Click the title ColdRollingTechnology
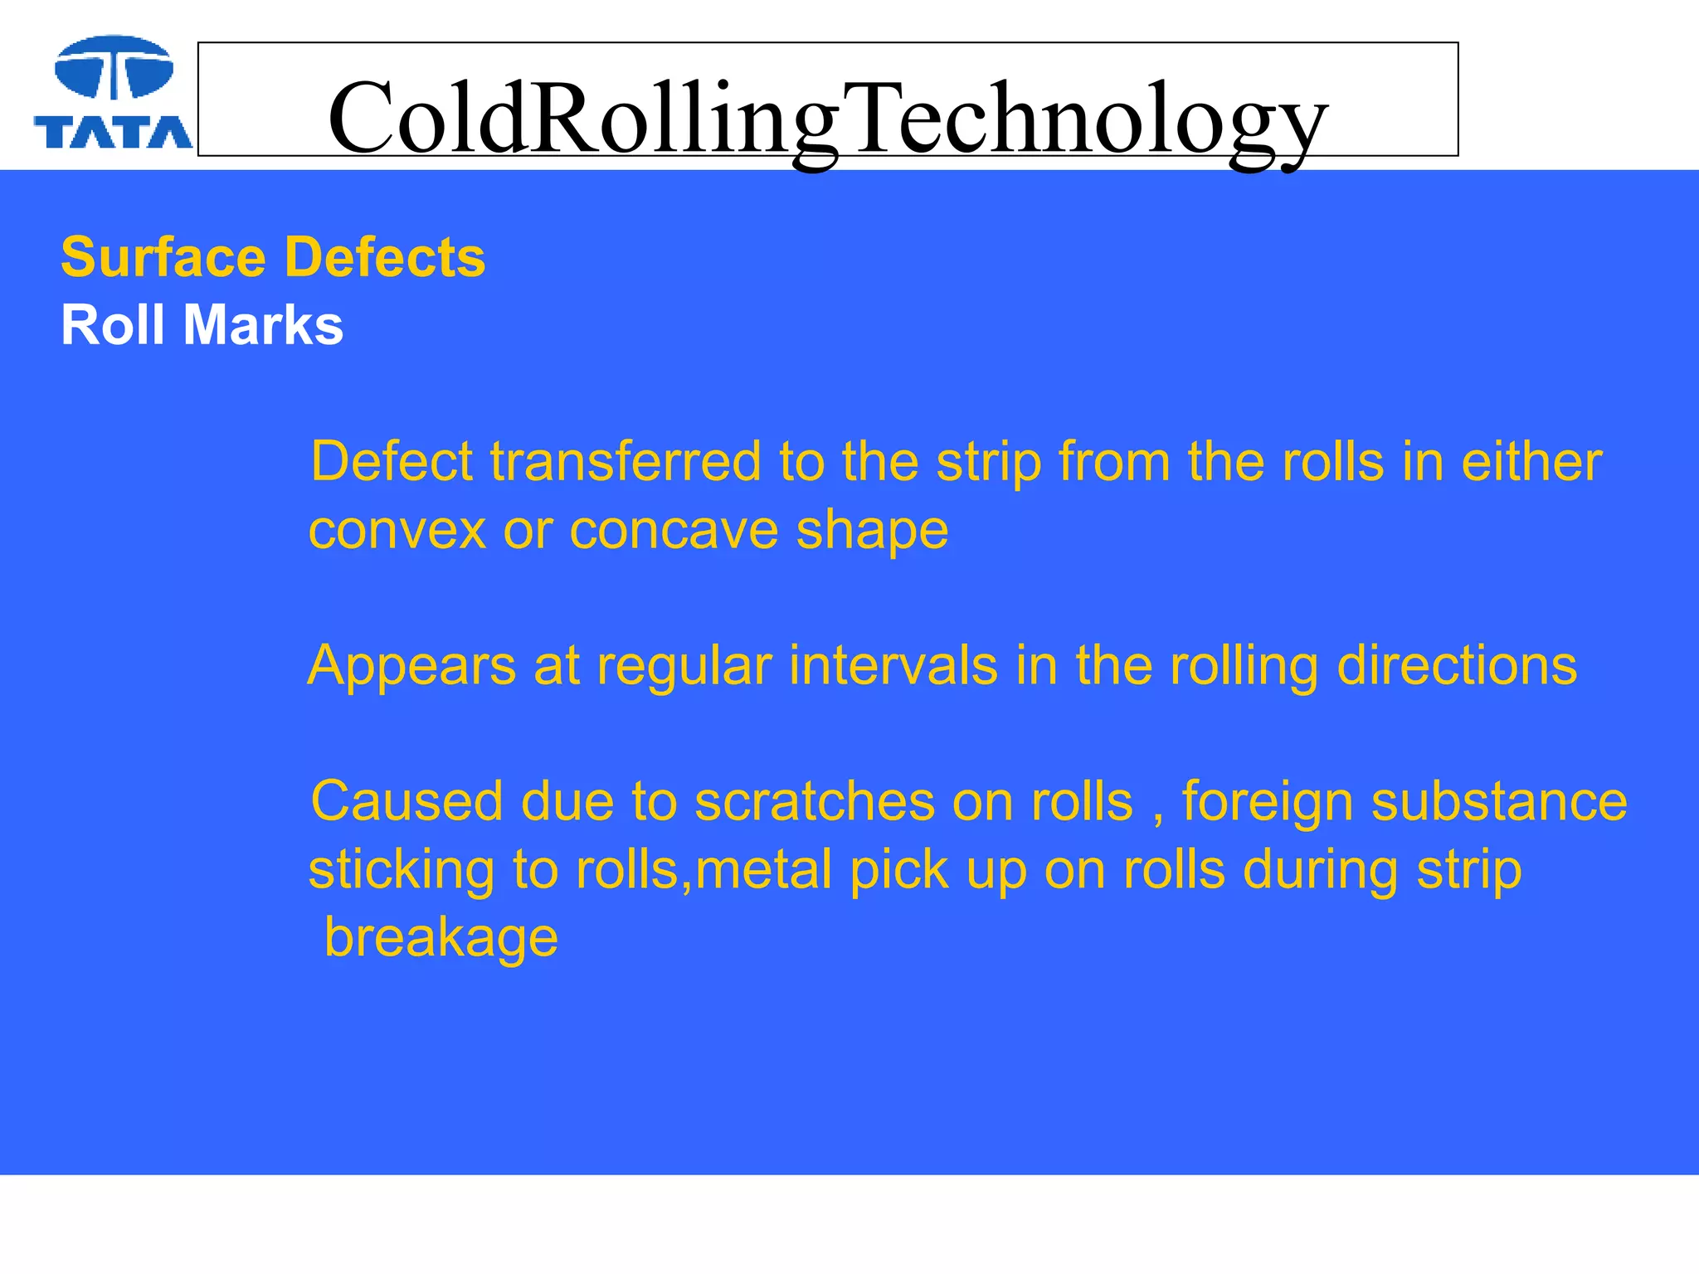[x=827, y=118]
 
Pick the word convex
[x=397, y=530]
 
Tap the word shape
[x=872, y=532]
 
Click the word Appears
[x=412, y=667]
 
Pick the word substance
[x=1499, y=802]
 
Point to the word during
[x=1320, y=872]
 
